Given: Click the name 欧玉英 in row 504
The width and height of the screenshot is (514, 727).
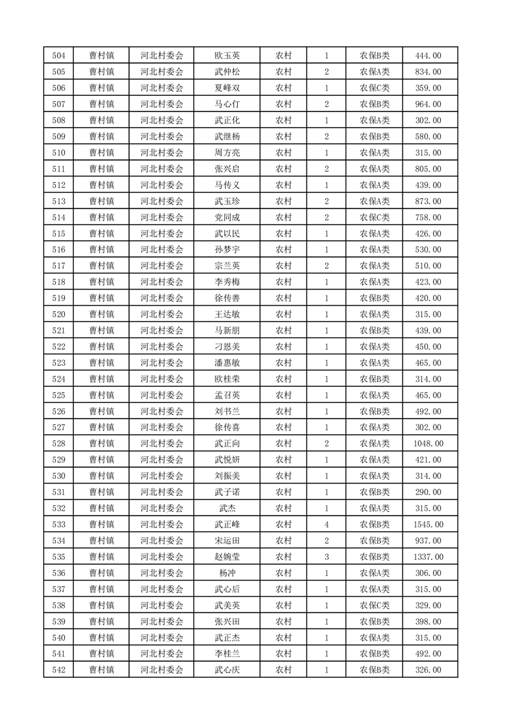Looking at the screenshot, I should click(227, 56).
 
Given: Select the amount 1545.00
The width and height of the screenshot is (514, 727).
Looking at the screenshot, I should click(428, 524).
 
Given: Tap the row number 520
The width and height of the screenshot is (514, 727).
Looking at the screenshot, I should click(58, 314).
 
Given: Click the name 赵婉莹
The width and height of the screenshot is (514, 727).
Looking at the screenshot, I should click(227, 557).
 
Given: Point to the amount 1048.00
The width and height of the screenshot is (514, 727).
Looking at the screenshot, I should click(428, 443).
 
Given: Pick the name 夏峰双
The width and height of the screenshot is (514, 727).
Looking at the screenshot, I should click(227, 88).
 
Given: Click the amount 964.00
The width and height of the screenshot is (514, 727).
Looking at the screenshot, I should click(428, 104).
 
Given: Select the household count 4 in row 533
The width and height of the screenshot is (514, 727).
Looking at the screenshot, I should click(326, 524).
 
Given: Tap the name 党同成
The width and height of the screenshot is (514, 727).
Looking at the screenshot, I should click(227, 217).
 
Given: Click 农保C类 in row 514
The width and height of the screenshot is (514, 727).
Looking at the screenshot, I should click(375, 217).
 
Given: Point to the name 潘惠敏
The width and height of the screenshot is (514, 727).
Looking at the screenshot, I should click(227, 363).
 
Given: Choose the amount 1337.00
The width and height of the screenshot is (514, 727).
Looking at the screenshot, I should click(428, 557).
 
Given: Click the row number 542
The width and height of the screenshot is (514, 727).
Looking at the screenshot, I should click(58, 670).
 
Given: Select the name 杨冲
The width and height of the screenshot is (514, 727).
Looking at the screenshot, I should click(227, 573).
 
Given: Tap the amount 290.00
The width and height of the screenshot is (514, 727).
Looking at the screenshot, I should click(428, 492).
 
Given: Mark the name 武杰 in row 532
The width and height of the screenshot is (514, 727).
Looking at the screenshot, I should click(227, 508).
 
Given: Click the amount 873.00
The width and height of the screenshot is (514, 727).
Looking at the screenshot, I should click(428, 201).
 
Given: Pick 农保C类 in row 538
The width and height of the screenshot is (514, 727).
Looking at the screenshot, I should click(375, 605).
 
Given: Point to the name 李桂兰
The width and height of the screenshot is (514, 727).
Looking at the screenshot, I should click(227, 654).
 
